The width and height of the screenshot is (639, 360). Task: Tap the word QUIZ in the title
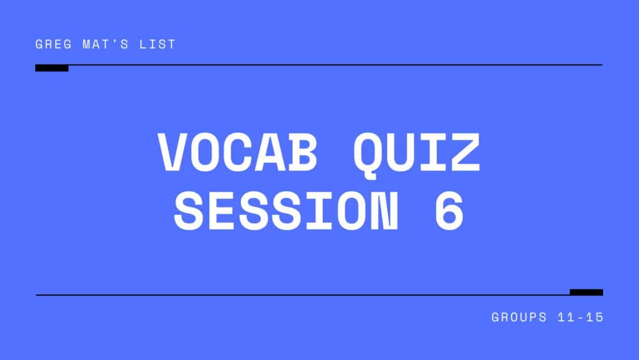pyautogui.click(x=415, y=153)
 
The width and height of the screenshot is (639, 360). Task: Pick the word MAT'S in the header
pyautogui.click(x=108, y=45)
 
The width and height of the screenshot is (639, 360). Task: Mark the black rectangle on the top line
pyautogui.click(x=52, y=68)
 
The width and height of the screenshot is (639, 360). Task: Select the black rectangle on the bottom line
pyautogui.click(x=586, y=292)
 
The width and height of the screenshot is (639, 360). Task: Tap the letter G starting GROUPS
pyautogui.click(x=496, y=317)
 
